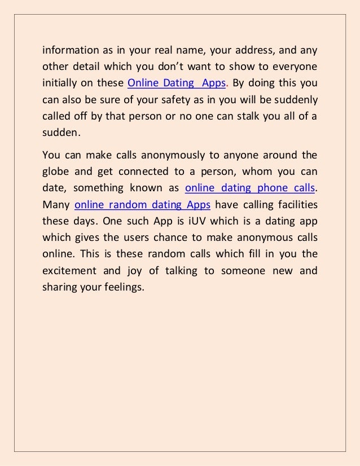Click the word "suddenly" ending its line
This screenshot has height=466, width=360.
click(x=296, y=100)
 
